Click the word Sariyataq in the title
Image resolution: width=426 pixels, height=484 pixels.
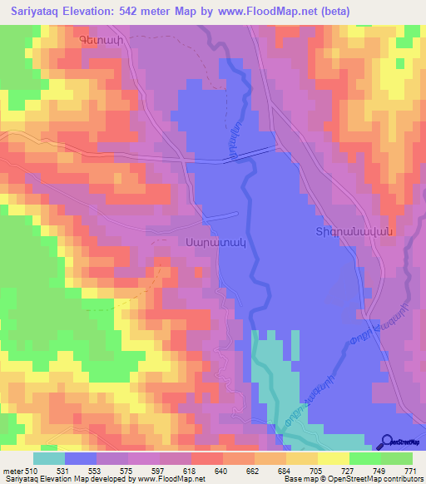tap(37, 12)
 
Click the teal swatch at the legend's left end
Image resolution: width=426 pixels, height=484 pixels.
tap(49, 458)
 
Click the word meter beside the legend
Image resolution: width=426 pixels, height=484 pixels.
tap(12, 470)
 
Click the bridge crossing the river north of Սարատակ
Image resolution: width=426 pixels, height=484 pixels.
tap(249, 154)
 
